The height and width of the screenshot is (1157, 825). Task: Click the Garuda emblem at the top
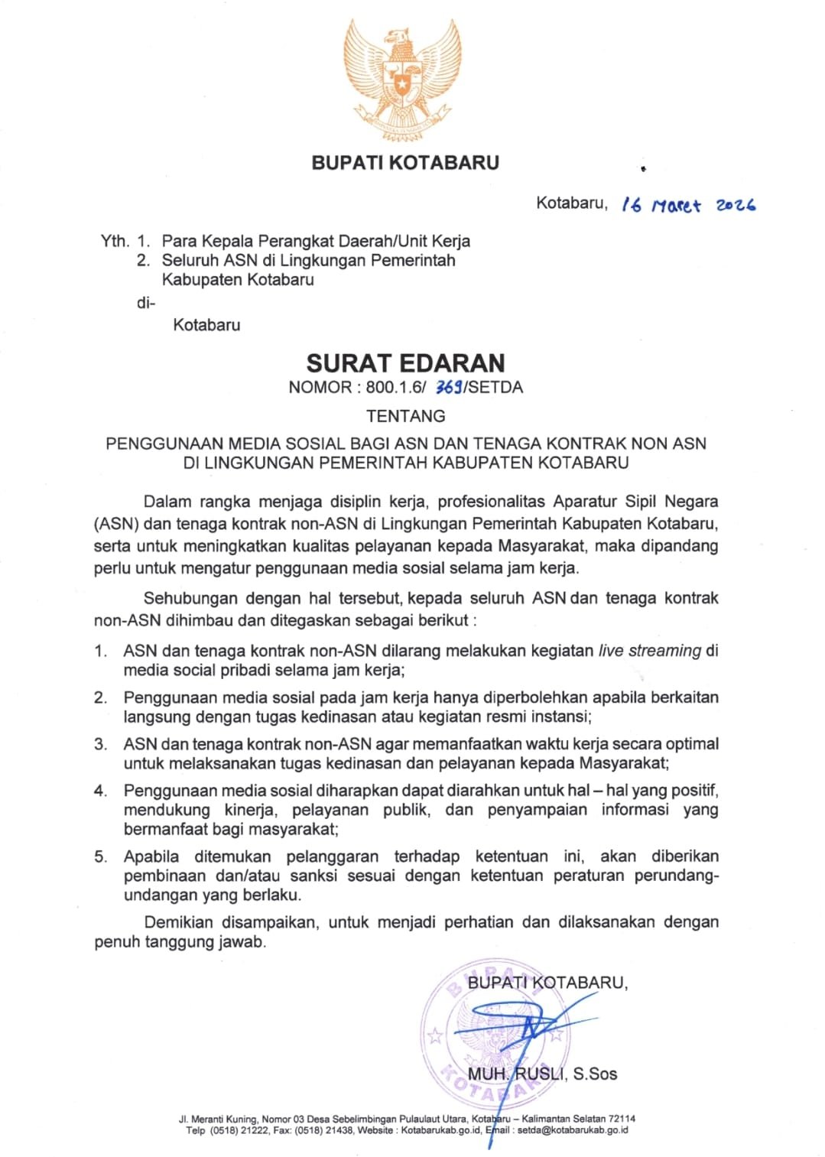(x=404, y=80)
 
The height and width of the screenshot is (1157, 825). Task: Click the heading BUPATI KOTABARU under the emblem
(x=405, y=163)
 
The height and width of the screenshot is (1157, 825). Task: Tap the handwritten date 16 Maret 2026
(x=689, y=205)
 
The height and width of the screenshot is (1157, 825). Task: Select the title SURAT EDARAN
(x=405, y=362)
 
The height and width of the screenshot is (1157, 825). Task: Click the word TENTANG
(x=405, y=416)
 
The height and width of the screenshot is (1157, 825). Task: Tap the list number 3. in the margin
(x=101, y=744)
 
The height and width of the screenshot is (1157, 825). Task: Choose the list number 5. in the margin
(x=101, y=856)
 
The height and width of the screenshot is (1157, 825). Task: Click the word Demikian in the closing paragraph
(x=178, y=922)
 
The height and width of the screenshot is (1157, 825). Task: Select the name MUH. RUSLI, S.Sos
(x=542, y=1074)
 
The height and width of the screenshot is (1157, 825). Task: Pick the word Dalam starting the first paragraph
(x=167, y=502)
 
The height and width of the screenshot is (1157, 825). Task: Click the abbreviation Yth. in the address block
(x=115, y=241)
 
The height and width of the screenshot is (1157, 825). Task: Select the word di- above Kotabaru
(x=145, y=303)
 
